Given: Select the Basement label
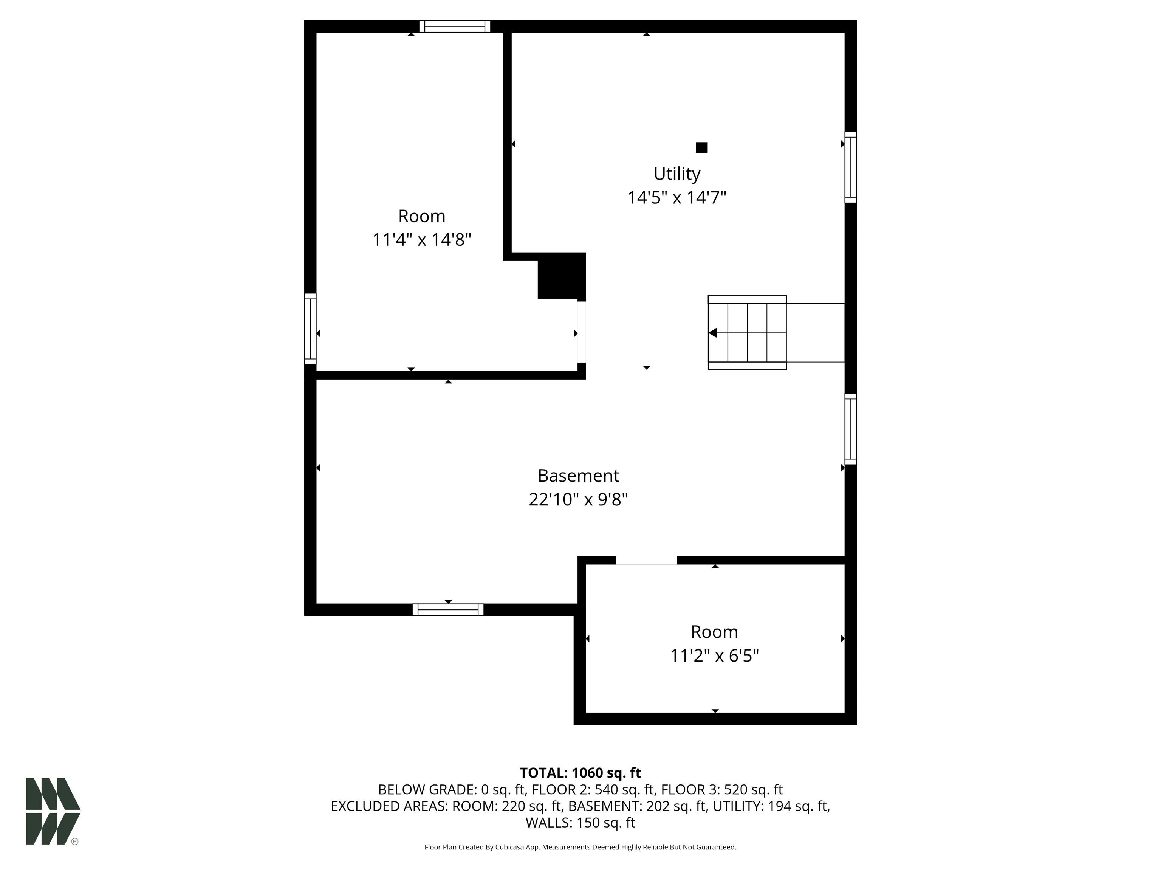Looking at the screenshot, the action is point(578,475).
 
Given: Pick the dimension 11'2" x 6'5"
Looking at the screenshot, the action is point(714,656).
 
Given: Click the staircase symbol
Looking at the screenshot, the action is point(748,333).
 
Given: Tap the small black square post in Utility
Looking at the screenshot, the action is point(702,147).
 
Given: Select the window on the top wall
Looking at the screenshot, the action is point(455,26).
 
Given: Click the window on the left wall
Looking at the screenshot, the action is point(310,329).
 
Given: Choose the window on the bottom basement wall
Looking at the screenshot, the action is point(448,609).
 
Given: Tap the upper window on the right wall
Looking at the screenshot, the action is point(851,167).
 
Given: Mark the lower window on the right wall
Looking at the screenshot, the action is point(851,429).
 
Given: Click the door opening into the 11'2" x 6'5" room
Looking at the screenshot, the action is point(646,561).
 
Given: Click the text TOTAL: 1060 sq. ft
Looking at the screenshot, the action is point(580,773).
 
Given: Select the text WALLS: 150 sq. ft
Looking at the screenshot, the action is point(580,823).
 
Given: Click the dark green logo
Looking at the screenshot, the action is point(53,811).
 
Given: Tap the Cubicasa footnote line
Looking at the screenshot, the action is point(580,847).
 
